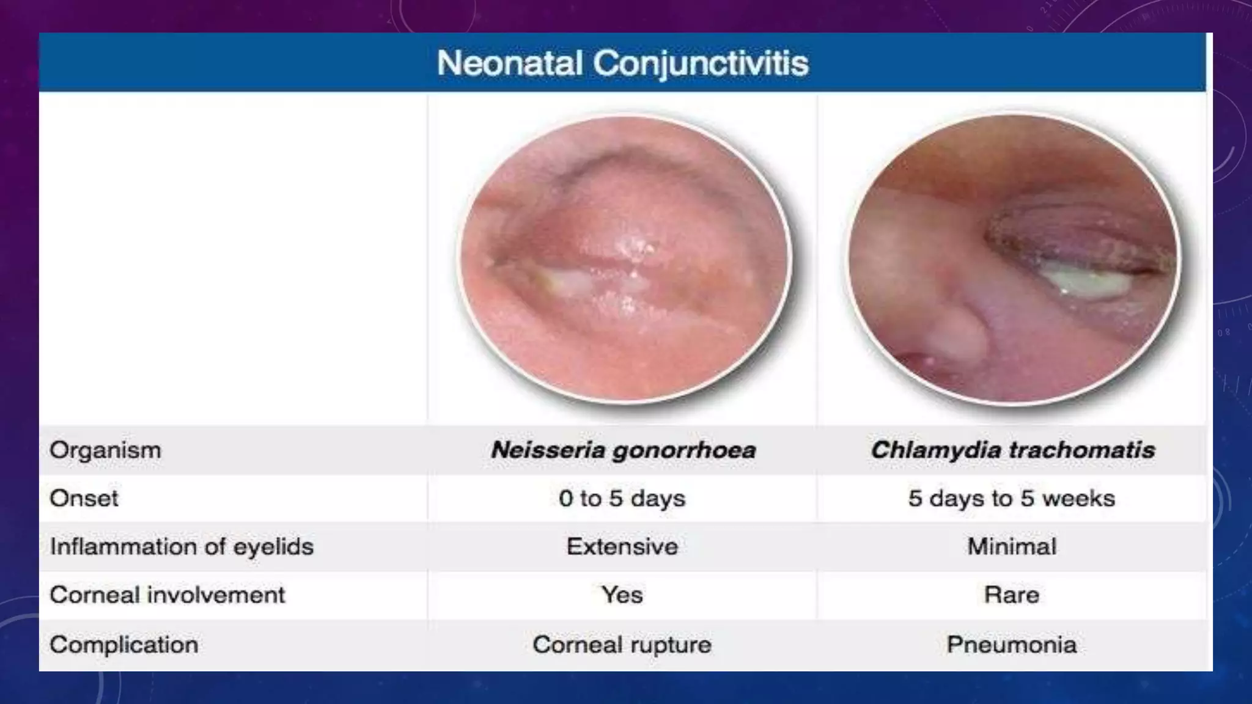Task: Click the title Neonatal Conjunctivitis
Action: coord(622,63)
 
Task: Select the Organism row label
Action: coord(105,450)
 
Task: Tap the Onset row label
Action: coord(84,499)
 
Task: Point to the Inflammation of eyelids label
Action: coord(182,546)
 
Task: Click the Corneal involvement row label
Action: coord(167,595)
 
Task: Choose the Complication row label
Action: coord(123,645)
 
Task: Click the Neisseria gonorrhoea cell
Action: coord(623,450)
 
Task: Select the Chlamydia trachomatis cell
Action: coord(1012,450)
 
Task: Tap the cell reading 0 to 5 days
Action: coord(622,499)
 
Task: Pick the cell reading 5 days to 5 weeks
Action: coord(1012,499)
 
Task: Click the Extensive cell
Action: coord(622,546)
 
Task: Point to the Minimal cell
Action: coord(1012,546)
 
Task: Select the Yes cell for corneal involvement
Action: coord(622,595)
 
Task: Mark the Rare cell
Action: coord(1012,595)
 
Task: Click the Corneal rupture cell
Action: coord(622,645)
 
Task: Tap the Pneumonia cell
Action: coord(1012,645)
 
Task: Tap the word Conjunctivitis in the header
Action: coord(701,63)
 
